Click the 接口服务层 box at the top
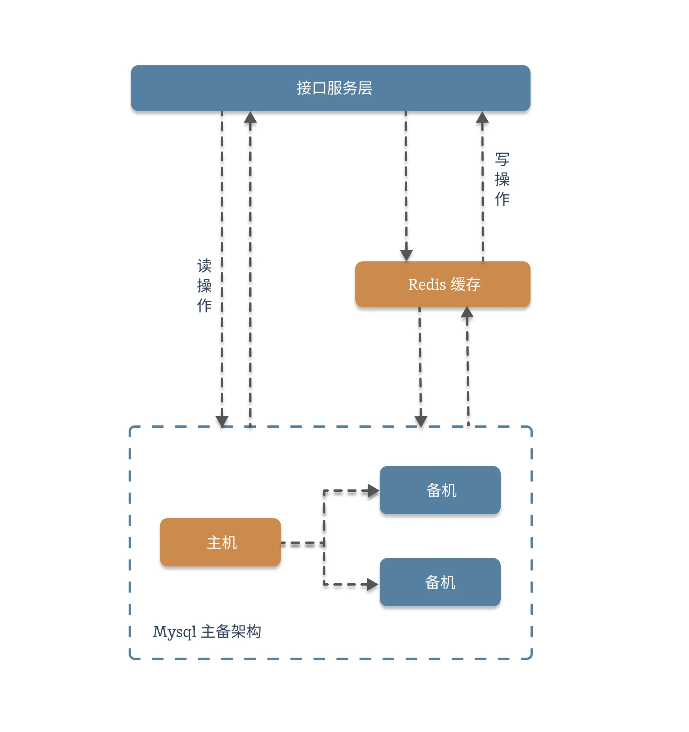coord(330,88)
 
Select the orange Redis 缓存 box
coord(443,284)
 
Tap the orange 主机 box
coord(220,542)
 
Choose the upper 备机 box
coord(440,490)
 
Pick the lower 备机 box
coord(440,582)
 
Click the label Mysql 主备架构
coord(207,632)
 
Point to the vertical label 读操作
coord(204,286)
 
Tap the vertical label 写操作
coord(502,179)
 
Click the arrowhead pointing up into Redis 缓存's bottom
coord(467,312)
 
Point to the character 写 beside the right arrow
coord(502,159)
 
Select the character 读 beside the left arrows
coord(204,265)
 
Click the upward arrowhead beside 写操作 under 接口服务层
coord(482,117)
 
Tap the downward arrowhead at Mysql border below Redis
coord(421,422)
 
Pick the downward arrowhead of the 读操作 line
coord(222,421)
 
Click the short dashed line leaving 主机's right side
coord(302,543)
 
